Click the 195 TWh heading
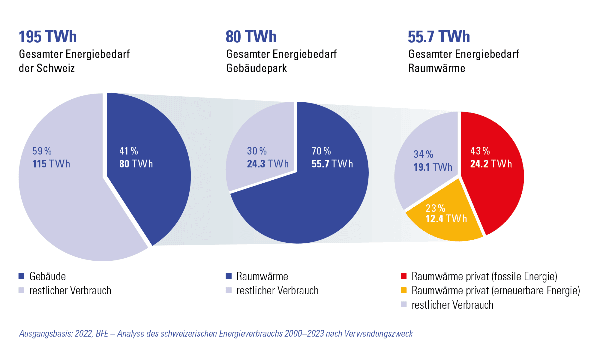point(48,37)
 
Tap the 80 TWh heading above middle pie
point(251,37)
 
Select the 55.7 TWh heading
point(439,37)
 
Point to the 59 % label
point(42,151)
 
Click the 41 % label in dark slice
point(129,151)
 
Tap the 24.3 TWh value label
point(268,164)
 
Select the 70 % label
point(321,151)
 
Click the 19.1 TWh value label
point(433,167)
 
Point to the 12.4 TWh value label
point(446,219)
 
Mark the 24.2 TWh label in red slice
point(491,164)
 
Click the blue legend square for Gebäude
point(22,276)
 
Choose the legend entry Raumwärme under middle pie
point(262,276)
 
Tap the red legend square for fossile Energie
point(404,276)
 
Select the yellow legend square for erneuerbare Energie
point(404,290)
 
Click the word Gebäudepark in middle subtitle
point(256,68)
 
